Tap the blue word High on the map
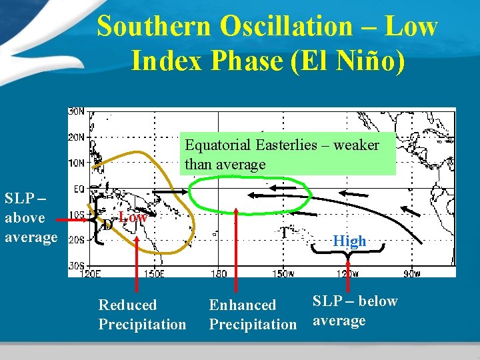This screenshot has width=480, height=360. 350,241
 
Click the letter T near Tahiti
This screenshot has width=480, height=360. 284,233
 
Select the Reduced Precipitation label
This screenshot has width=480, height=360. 142,315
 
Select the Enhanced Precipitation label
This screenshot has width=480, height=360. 252,315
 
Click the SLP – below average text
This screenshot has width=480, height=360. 354,311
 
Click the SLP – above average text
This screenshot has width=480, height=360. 31,217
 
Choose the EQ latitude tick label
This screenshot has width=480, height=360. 78,189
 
